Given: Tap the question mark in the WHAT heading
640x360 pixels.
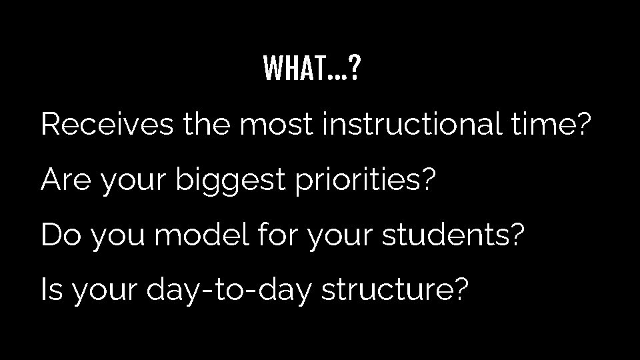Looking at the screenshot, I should (355, 67).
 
